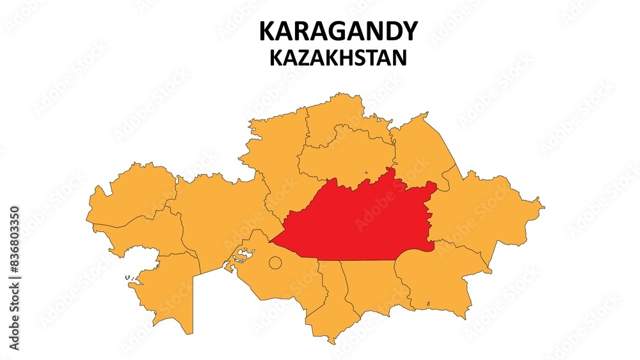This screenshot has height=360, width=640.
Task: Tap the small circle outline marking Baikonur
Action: (x=275, y=262)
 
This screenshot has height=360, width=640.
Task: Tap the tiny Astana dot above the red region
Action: (x=366, y=172)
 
